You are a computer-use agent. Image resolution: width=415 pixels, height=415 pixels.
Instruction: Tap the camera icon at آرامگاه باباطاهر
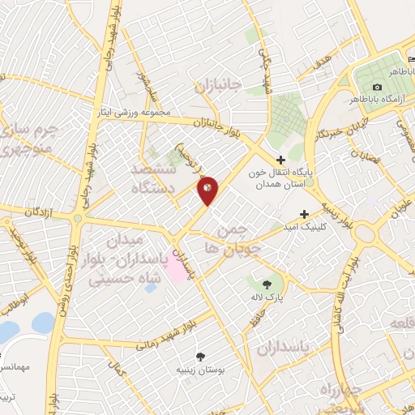pyautogui.click(x=377, y=88)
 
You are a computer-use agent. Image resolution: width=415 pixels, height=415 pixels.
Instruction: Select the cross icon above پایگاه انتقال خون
pyautogui.click(x=280, y=160)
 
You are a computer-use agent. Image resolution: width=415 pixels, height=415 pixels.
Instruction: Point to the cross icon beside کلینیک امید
pyautogui.click(x=304, y=215)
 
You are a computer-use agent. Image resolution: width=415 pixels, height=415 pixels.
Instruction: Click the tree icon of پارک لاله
pyautogui.click(x=267, y=283)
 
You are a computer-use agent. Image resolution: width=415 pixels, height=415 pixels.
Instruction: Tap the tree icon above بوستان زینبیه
pyautogui.click(x=199, y=355)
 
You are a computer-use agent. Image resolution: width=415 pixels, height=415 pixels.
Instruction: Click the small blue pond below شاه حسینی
pyautogui.click(x=151, y=288)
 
